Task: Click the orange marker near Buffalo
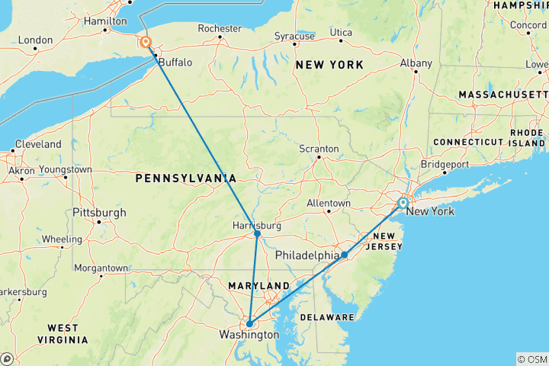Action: pyautogui.click(x=143, y=43)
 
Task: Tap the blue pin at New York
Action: pyautogui.click(x=403, y=204)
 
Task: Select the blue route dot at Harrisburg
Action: pyautogui.click(x=258, y=234)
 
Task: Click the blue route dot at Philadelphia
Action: pyautogui.click(x=345, y=255)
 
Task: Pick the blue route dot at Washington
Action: pyautogui.click(x=249, y=323)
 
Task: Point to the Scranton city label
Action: pyautogui.click(x=319, y=148)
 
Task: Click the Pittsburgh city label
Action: pyautogui.click(x=99, y=212)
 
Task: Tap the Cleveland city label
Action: pyautogui.click(x=36, y=144)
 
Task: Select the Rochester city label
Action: pyautogui.click(x=220, y=28)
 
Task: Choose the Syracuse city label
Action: pyautogui.click(x=295, y=36)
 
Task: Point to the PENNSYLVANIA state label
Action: pyautogui.click(x=185, y=178)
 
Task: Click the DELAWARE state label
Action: pyautogui.click(x=326, y=316)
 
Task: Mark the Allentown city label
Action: pyautogui.click(x=328, y=204)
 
